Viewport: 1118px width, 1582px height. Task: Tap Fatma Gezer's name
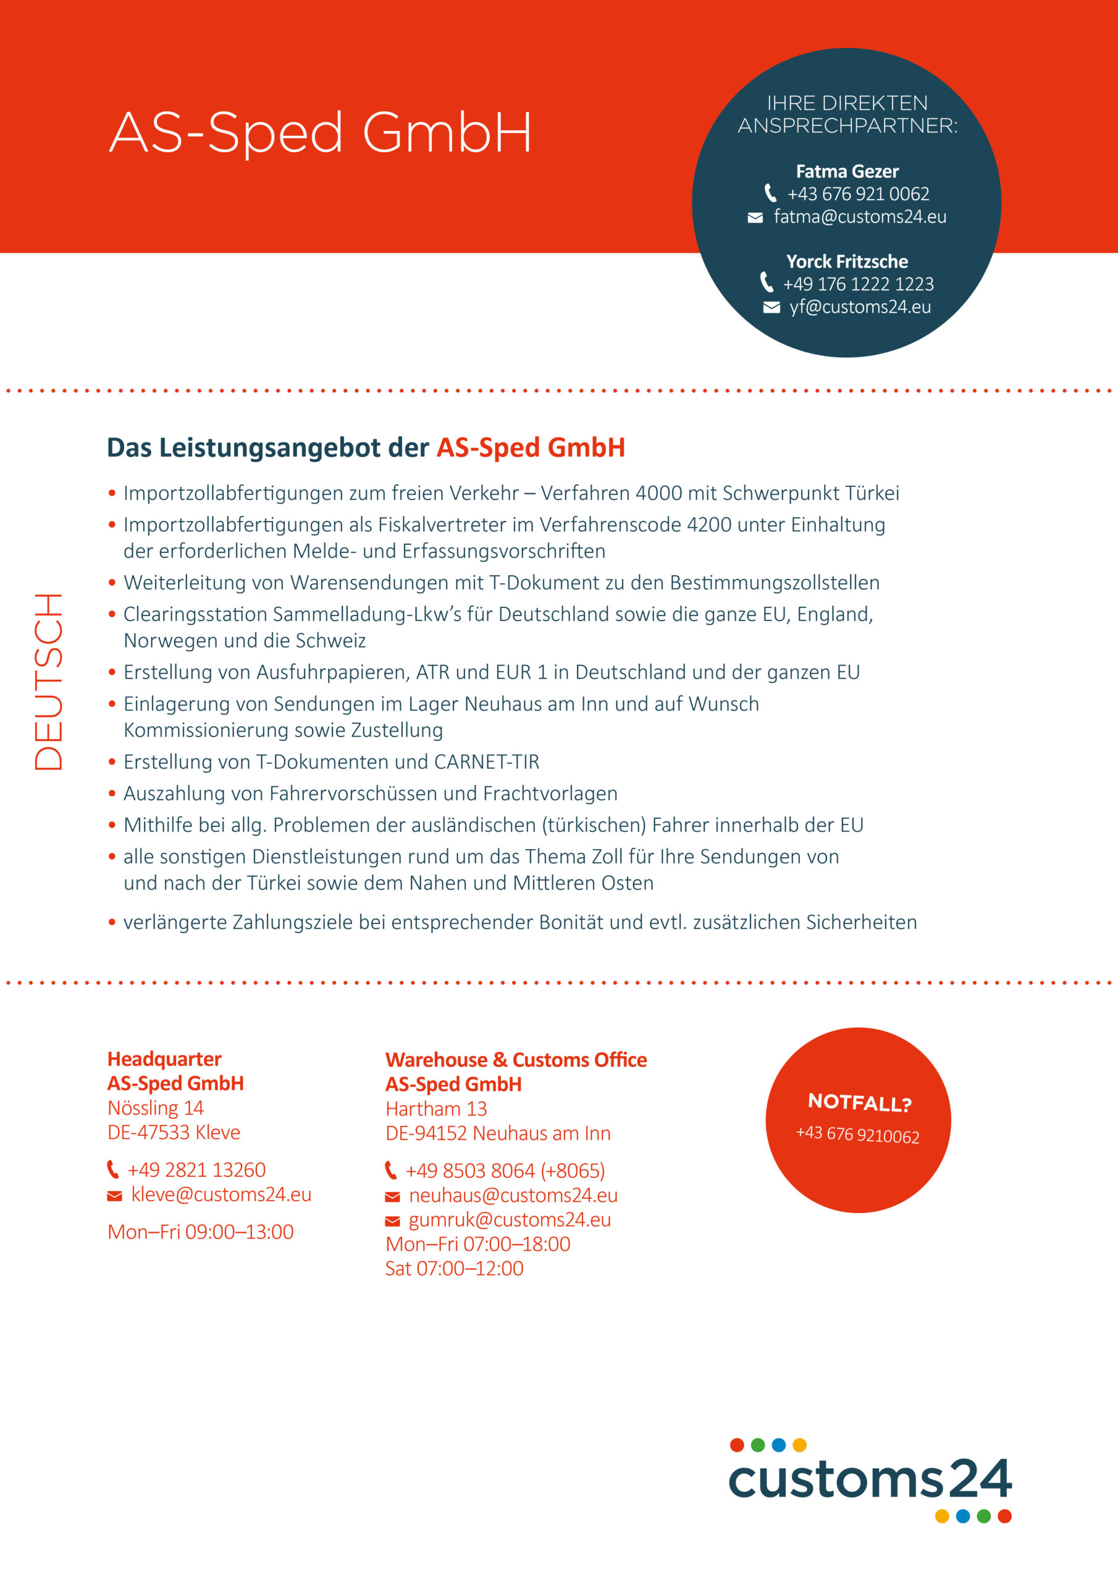pos(847,172)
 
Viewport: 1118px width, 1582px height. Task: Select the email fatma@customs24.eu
pos(859,217)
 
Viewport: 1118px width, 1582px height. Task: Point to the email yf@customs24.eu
pos(860,307)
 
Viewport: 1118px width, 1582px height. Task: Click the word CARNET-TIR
pos(486,762)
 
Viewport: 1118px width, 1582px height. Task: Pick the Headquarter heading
pos(164,1059)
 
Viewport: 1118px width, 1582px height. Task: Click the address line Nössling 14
pos(155,1108)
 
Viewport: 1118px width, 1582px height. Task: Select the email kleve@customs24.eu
pos(221,1194)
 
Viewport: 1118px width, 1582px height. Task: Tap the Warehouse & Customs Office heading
pos(515,1060)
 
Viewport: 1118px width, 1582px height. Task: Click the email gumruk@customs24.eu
pos(509,1220)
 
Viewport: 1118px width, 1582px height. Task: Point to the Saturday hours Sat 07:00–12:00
pos(454,1269)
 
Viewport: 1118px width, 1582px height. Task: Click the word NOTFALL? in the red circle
pos(859,1102)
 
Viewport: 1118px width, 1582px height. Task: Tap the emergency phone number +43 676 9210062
pos(857,1135)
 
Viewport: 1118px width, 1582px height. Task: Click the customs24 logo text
pos(869,1480)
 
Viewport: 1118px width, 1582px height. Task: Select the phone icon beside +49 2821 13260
pos(113,1170)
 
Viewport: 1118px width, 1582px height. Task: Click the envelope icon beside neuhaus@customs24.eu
pos(392,1197)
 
